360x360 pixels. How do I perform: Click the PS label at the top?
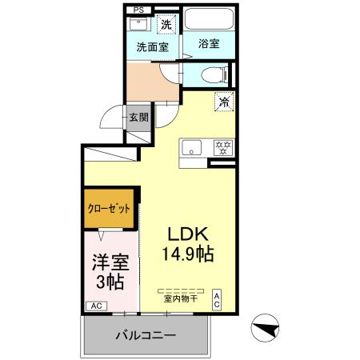pyautogui.click(x=138, y=10)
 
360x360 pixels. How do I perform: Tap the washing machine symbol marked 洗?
pyautogui.click(x=166, y=24)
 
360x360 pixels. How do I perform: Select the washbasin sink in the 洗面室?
pyautogui.click(x=138, y=24)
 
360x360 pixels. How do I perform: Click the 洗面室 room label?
pyautogui.click(x=152, y=47)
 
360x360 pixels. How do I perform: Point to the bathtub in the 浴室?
pyautogui.click(x=209, y=18)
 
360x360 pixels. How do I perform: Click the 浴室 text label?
pyautogui.click(x=209, y=43)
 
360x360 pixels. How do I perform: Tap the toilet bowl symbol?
pyautogui.click(x=214, y=74)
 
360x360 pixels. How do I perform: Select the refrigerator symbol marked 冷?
pyautogui.click(x=224, y=102)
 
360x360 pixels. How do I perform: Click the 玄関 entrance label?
pyautogui.click(x=138, y=118)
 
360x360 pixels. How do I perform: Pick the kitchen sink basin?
pyautogui.click(x=191, y=148)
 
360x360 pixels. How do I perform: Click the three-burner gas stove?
pyautogui.click(x=223, y=148)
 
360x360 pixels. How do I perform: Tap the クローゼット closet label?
pyautogui.click(x=109, y=208)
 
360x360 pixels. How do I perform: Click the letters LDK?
pyautogui.click(x=188, y=234)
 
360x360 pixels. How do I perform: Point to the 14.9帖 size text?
pyautogui.click(x=188, y=254)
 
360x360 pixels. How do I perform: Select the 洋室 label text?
pyautogui.click(x=110, y=262)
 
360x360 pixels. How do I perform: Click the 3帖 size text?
pyautogui.click(x=110, y=282)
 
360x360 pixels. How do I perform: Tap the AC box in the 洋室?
pyautogui.click(x=96, y=306)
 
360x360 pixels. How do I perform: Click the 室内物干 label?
pyautogui.click(x=181, y=298)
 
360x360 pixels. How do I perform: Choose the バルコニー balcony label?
pyautogui.click(x=146, y=335)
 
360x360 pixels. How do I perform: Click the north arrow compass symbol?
pyautogui.click(x=265, y=328)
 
